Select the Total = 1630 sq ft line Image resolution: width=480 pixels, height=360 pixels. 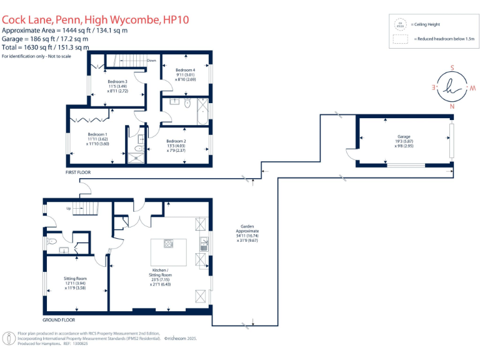tap(46, 47)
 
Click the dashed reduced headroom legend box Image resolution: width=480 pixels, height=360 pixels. tap(400, 39)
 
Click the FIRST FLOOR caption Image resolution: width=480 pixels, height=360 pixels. tap(78, 171)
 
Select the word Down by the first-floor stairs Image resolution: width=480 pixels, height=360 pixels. tap(151, 61)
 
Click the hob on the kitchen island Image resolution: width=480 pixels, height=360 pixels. tap(168, 244)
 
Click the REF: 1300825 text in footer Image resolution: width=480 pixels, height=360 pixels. tap(77, 343)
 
